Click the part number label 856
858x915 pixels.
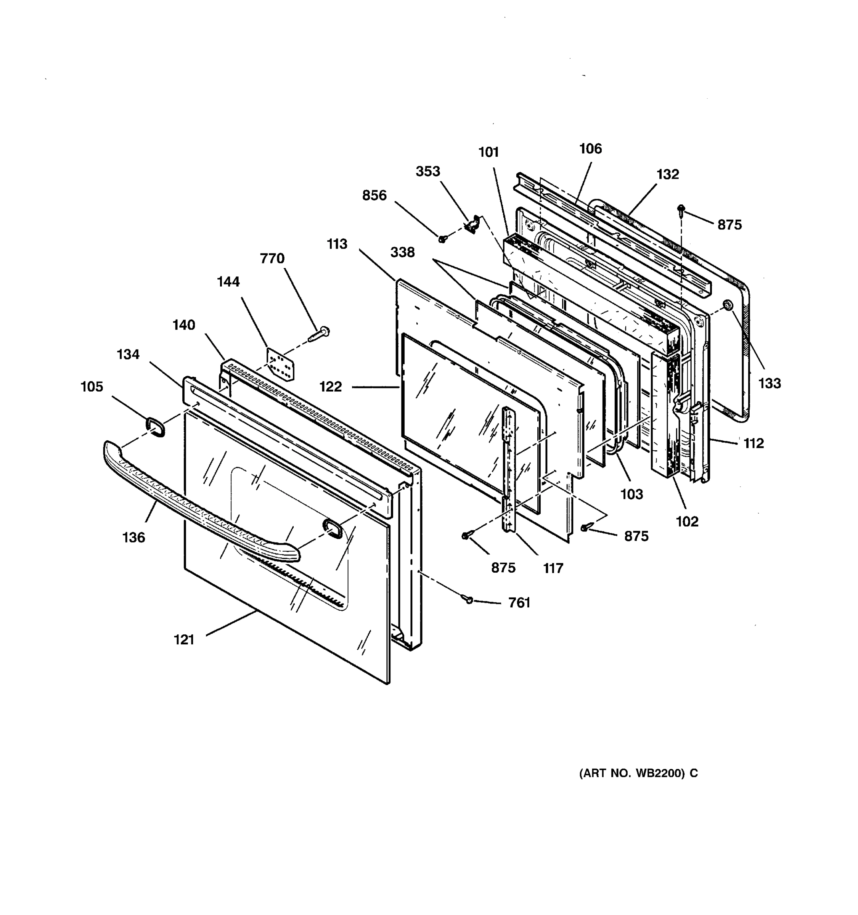(x=374, y=196)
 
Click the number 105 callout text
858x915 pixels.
(x=92, y=387)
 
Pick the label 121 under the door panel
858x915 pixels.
(x=184, y=640)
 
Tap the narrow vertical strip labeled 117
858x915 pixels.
(x=509, y=469)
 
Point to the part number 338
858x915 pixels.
(x=402, y=252)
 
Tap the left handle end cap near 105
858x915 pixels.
(x=155, y=427)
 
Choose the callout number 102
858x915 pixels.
(x=687, y=522)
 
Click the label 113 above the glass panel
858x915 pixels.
(x=337, y=244)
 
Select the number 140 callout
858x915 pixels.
(x=184, y=325)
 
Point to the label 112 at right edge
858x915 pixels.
(x=754, y=443)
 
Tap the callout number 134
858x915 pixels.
(x=128, y=355)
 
